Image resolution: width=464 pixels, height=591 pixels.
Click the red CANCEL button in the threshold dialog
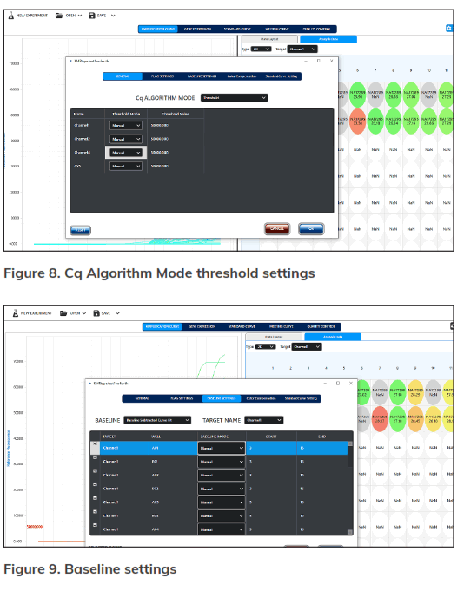[277, 229]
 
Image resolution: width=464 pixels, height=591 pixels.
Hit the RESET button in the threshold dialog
[80, 230]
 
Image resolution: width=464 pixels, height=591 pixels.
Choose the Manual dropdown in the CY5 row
[125, 166]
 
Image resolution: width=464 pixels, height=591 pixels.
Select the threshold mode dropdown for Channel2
[125, 139]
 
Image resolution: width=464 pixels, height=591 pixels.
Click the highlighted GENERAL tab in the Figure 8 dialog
[122, 76]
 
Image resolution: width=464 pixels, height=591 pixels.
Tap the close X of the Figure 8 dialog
[330, 61]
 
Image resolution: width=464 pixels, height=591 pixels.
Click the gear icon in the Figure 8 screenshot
[448, 29]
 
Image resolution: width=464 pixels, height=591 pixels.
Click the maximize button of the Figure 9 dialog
[336, 383]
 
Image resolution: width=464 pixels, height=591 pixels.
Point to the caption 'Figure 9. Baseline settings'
[90, 569]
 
